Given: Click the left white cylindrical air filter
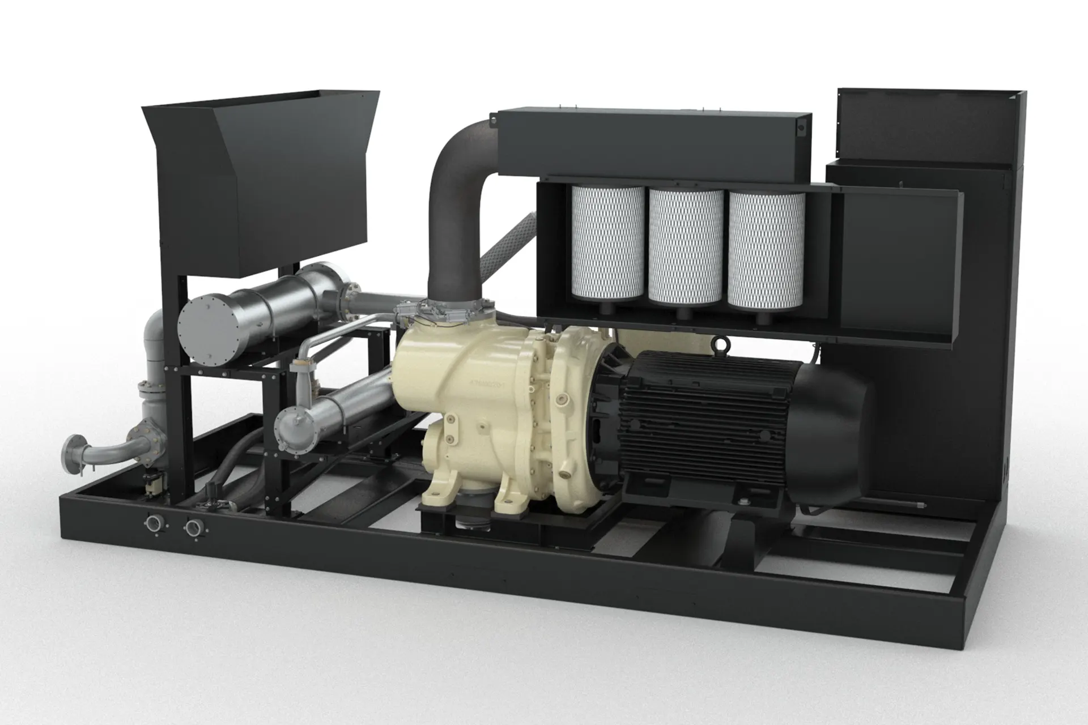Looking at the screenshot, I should point(607,244).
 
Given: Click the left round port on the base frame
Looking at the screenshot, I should point(154,523).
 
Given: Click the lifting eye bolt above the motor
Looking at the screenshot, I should point(721,343).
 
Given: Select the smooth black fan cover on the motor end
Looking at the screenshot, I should point(833,430).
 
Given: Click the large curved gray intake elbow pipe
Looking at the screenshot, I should point(453,187).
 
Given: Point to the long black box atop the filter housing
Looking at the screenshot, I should point(652,144).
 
